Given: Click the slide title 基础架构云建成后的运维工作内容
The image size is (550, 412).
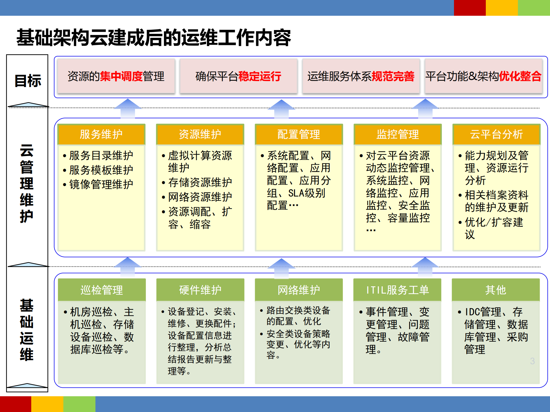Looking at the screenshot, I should [154, 38].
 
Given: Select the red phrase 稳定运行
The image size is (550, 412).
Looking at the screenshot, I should [260, 76].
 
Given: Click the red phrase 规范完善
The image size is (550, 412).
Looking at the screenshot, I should [393, 76].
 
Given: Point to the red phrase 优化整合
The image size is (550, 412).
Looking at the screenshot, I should [520, 76].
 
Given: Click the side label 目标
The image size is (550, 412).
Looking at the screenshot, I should [28, 80].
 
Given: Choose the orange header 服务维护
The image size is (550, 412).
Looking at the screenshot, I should [101, 134].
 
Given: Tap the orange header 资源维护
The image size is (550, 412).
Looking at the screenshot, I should [200, 134].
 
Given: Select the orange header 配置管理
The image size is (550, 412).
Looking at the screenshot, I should [299, 134].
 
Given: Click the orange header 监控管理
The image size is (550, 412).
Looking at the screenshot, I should [398, 134].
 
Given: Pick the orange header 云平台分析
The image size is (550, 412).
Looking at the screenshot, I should [496, 134].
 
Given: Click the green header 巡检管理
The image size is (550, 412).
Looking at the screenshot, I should [102, 290].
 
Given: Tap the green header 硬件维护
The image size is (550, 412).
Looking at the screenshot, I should [200, 290].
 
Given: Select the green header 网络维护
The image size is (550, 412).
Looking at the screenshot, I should [299, 290].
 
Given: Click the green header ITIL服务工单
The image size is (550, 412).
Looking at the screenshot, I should [398, 290].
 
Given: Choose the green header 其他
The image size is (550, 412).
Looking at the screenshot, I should [496, 290].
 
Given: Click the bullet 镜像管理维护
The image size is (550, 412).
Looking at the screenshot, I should [101, 184].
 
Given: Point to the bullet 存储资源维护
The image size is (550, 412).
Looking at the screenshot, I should [200, 182].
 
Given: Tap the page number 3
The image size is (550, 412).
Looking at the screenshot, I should [532, 361].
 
